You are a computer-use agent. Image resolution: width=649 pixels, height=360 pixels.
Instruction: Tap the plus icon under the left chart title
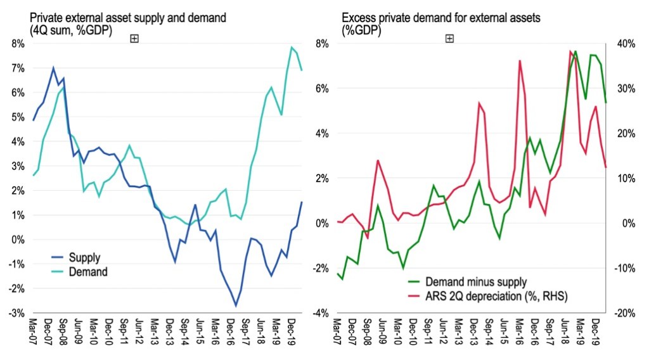(134, 39)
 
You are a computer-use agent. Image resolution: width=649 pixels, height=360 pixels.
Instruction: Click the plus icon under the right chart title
(449, 39)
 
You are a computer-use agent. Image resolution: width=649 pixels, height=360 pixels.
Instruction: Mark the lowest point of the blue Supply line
(236, 305)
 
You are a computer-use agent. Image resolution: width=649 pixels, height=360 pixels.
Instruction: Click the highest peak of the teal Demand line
(292, 47)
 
